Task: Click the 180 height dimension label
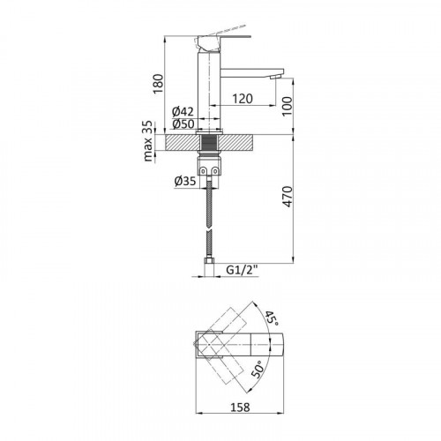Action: click(158, 84)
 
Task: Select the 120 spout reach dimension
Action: click(243, 99)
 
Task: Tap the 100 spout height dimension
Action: click(288, 106)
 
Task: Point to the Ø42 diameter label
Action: click(183, 112)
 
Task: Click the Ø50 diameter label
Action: click(183, 123)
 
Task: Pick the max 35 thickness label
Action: click(149, 141)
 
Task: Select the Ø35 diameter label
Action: click(185, 181)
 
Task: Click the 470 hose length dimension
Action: click(288, 197)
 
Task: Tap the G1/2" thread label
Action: click(242, 269)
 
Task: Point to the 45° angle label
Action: click(271, 318)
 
